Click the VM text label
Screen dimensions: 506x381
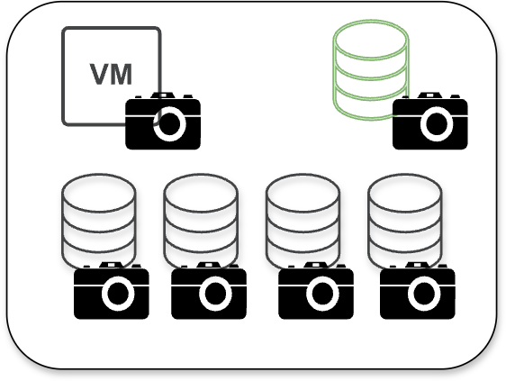111,74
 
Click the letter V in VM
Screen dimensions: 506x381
99,74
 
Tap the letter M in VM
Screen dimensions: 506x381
122,74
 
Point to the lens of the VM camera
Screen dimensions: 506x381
170,124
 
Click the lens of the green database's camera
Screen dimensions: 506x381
437,124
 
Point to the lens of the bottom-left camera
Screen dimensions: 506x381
118,294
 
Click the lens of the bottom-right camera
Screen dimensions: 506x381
424,294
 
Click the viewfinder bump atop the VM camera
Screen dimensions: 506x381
163,95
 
